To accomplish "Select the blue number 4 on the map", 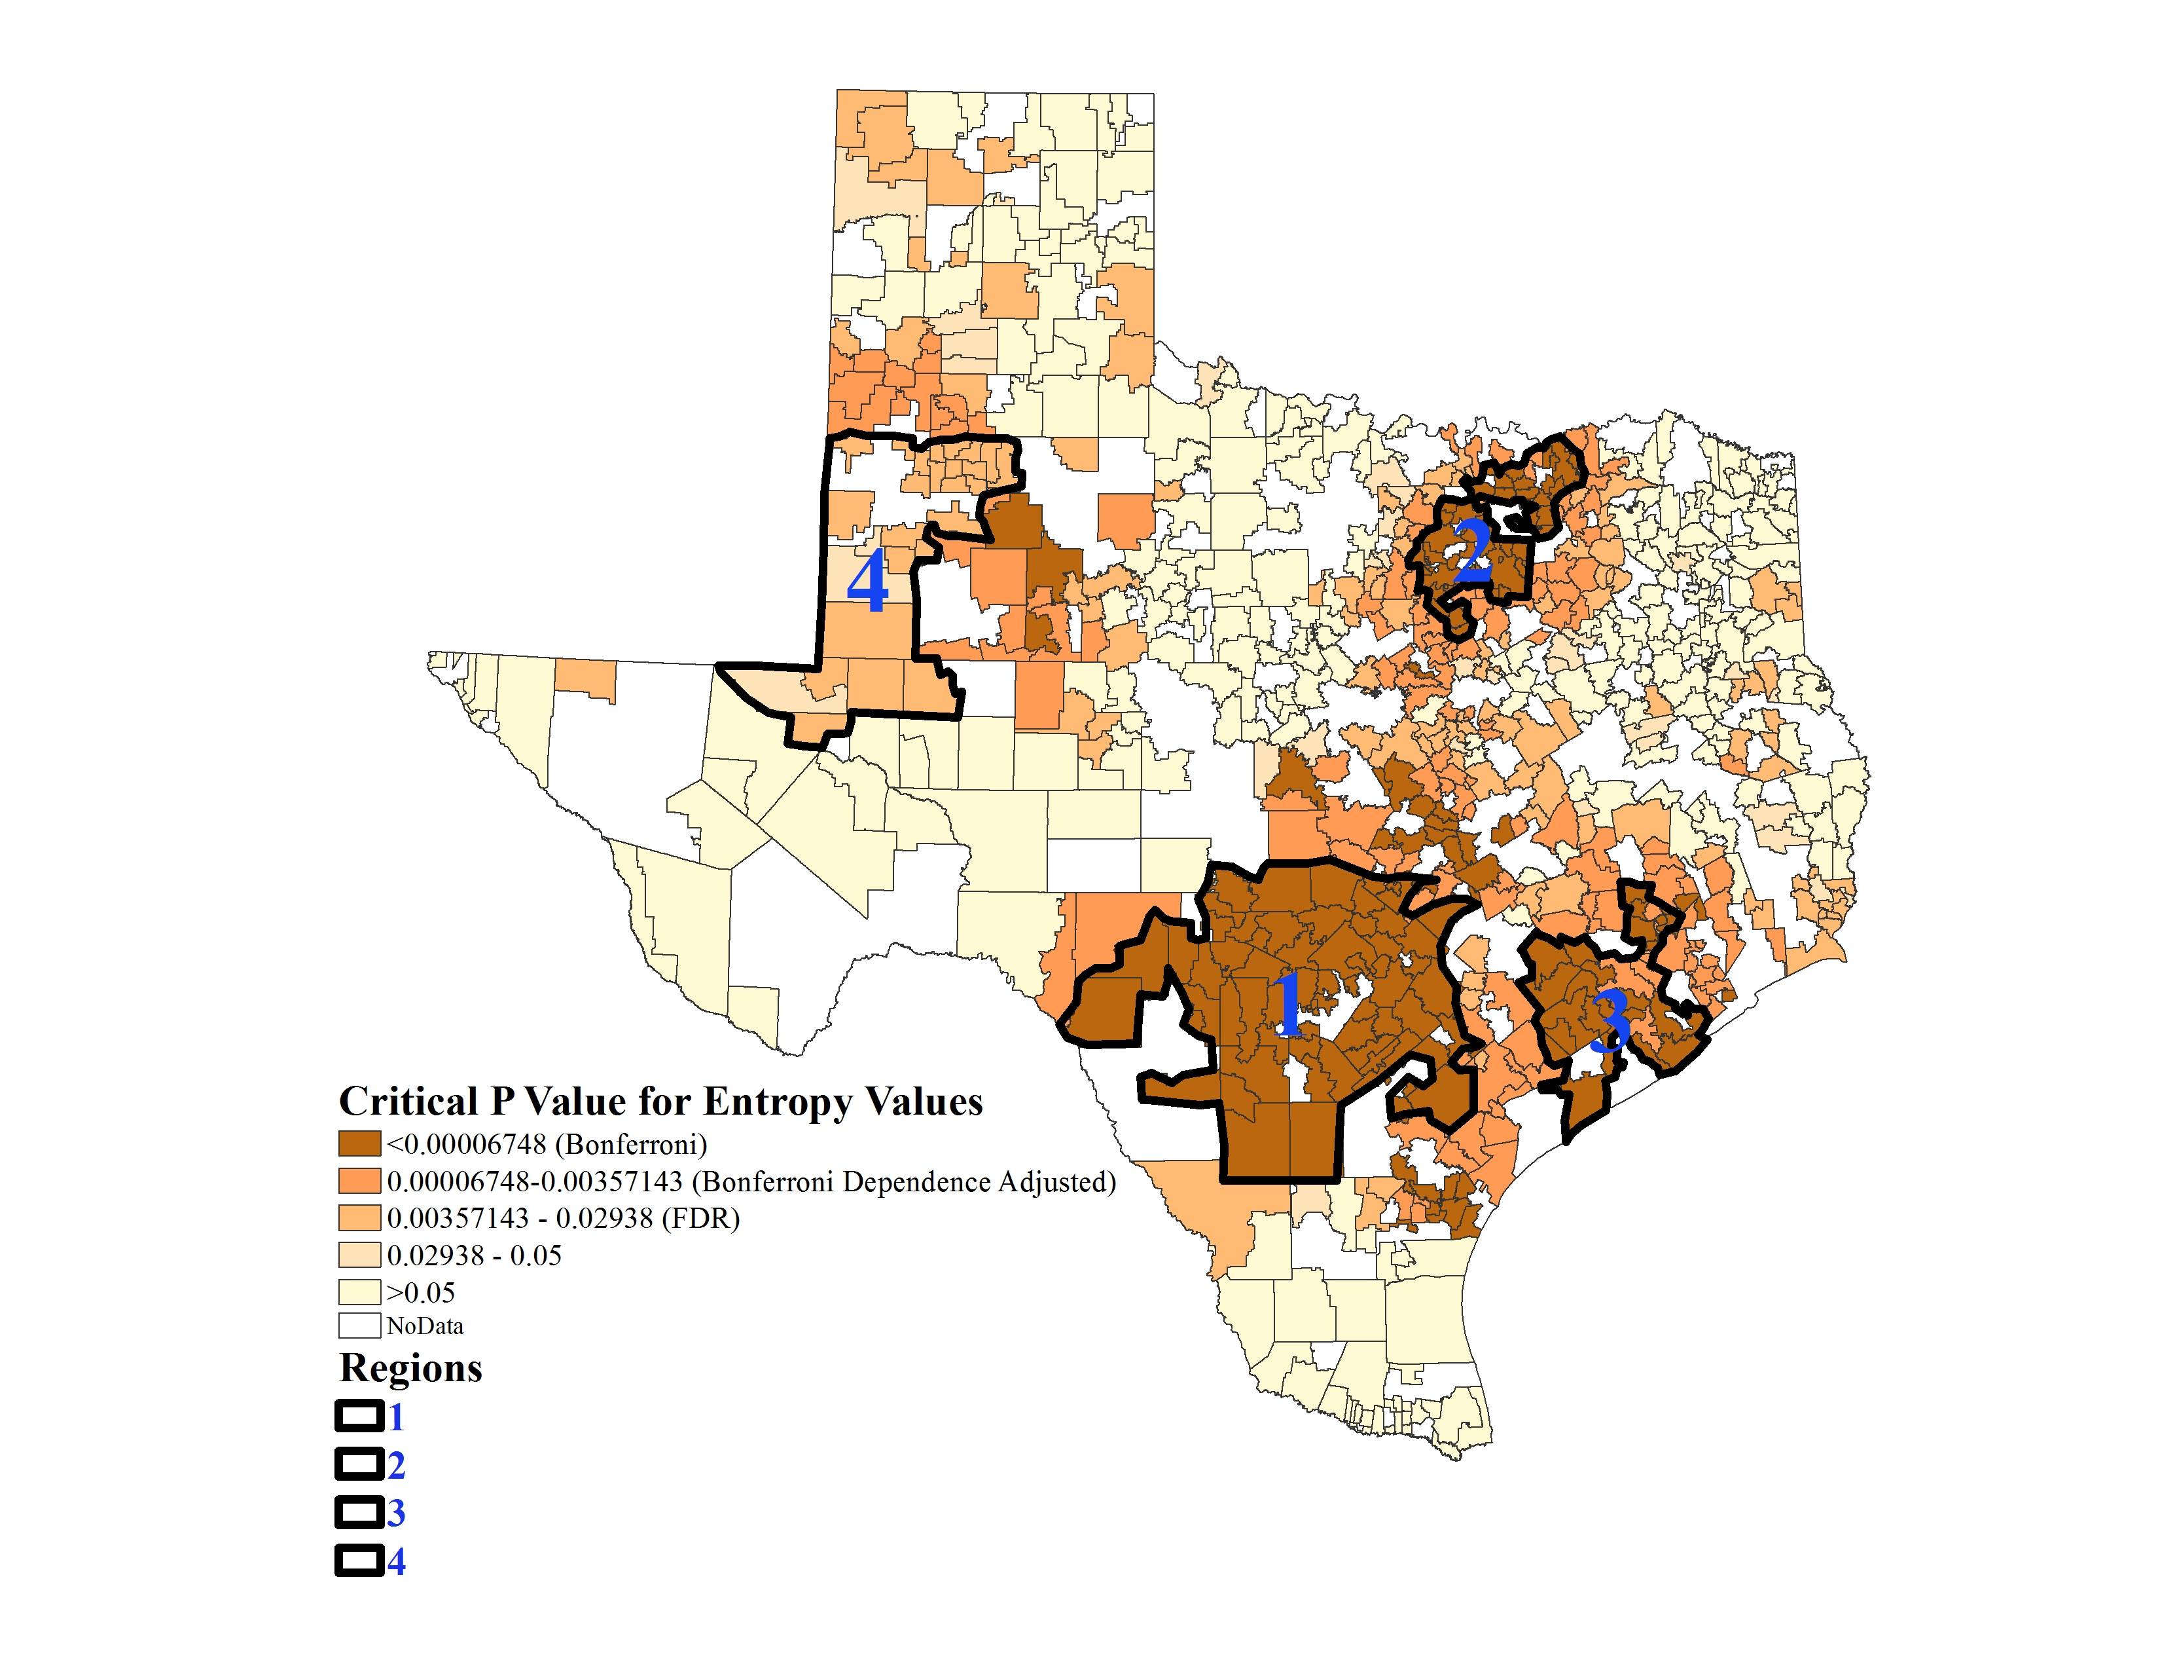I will (867, 584).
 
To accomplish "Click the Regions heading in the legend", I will (410, 1368).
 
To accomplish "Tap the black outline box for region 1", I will (359, 1418).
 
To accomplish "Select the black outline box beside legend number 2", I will (359, 1465).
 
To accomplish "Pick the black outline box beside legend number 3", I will (359, 1513).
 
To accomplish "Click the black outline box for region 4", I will (359, 1562).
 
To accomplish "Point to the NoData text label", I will (425, 1326).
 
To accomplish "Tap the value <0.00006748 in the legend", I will (466, 1145).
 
